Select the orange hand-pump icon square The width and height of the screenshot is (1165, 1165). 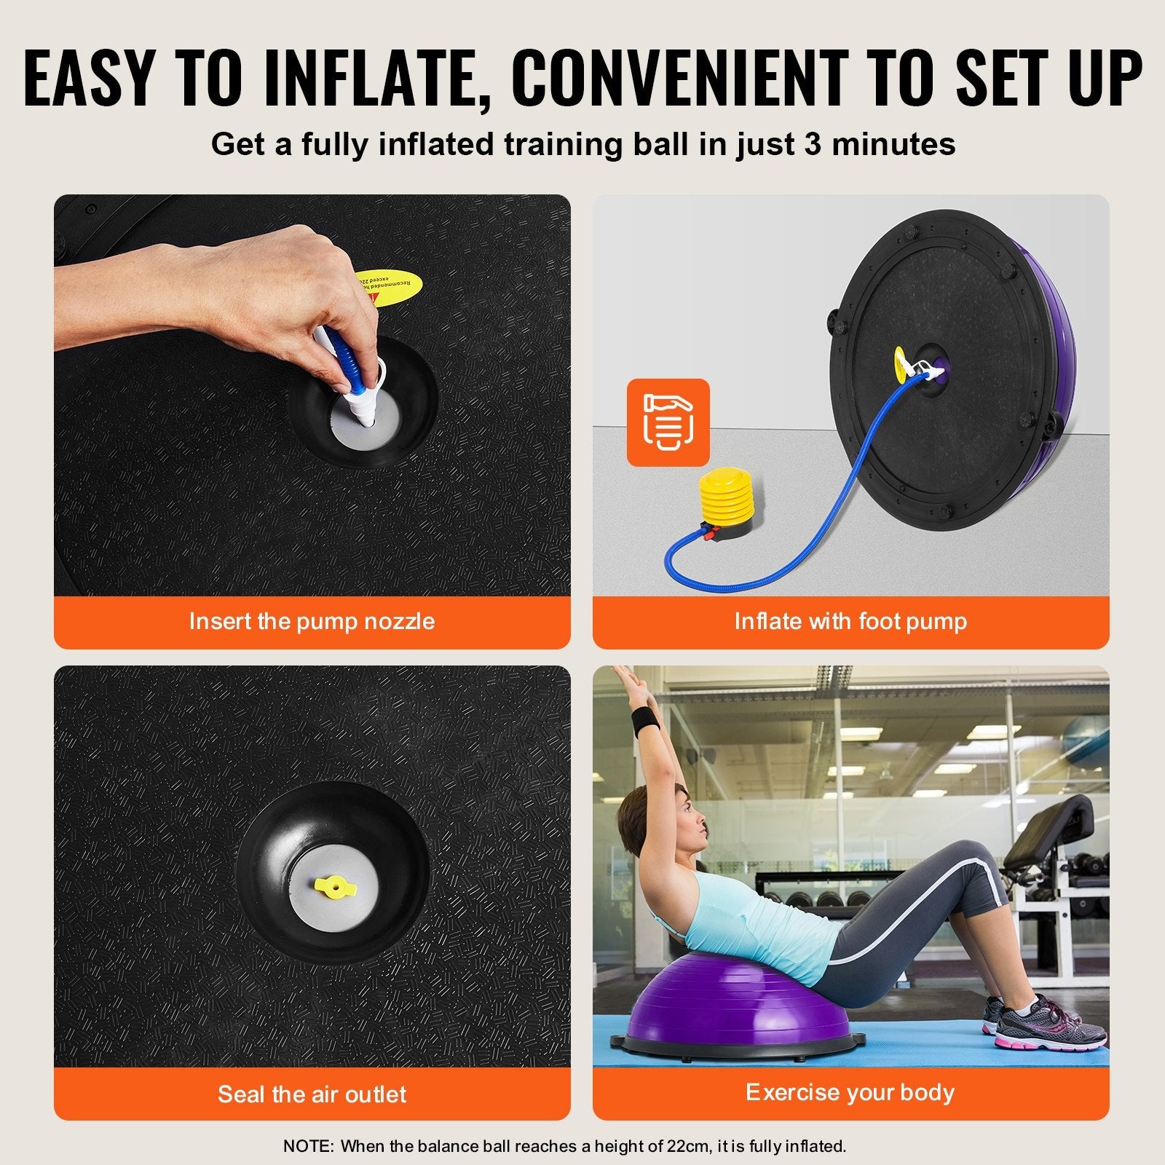point(668,422)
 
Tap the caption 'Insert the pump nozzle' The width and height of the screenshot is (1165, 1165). point(312,621)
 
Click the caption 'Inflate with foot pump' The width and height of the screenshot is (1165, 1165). point(850,621)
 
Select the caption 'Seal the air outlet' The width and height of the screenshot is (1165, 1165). point(312,1094)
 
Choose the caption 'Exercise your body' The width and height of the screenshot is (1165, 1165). point(850,1092)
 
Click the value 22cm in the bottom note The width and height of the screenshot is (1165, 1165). point(687,1146)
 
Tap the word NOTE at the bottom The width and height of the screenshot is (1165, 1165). point(307,1146)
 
